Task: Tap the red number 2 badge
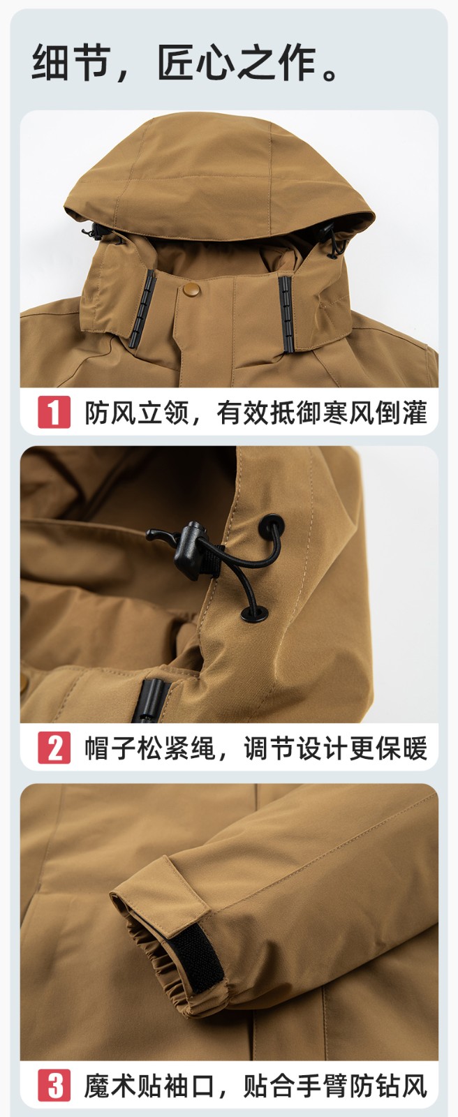(54, 748)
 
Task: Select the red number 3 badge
(54, 1086)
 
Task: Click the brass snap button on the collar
(189, 290)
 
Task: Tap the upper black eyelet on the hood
(272, 526)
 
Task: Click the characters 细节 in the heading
(70, 63)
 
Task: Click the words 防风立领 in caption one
(137, 412)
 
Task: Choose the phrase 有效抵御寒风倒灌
(321, 412)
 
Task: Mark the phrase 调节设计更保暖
(335, 748)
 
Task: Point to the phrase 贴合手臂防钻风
(335, 1087)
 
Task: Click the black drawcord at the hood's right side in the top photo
(335, 241)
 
